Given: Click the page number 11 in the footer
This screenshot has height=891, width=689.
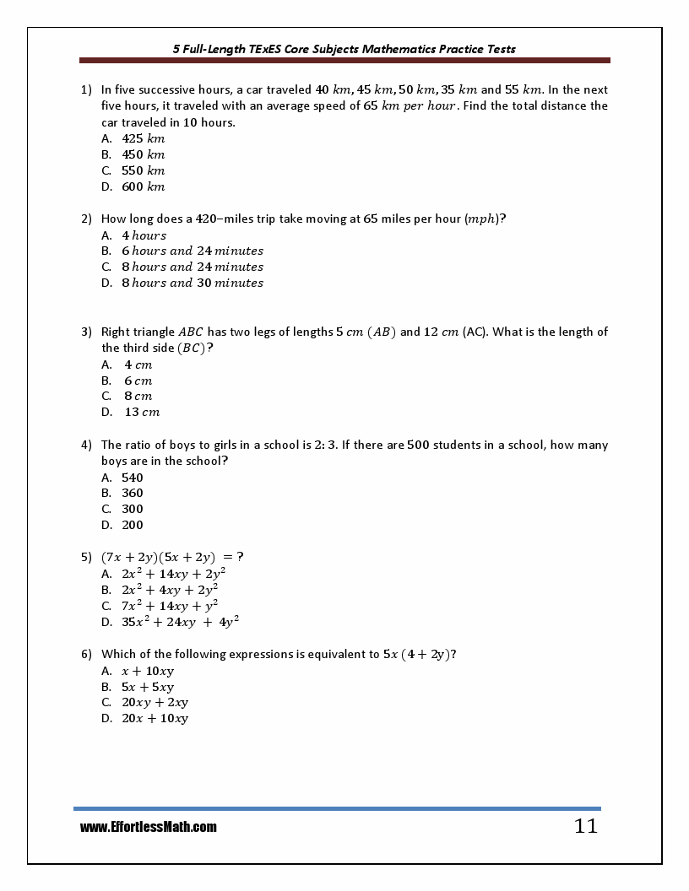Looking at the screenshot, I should [585, 827].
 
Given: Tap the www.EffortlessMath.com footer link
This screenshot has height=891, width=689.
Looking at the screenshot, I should [148, 828].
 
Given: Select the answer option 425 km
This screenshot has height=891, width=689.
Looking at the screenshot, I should [143, 138].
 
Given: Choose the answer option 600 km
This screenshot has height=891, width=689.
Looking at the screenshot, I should [143, 186].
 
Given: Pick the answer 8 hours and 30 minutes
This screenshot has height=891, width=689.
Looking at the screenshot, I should [192, 283].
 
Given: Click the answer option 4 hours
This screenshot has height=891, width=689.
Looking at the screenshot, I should [144, 235].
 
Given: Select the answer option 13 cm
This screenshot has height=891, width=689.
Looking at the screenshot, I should [142, 412].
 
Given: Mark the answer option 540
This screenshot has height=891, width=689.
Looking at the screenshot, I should [132, 477].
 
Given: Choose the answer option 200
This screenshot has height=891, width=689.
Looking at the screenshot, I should [132, 525].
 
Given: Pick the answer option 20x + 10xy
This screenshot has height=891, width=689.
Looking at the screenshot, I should [155, 718].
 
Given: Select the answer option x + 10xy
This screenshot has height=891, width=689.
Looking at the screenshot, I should [148, 671].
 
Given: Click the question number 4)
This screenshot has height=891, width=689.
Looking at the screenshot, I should [86, 445].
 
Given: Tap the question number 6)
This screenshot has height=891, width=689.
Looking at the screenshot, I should [86, 654].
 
